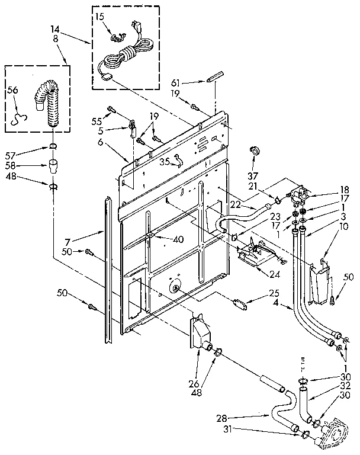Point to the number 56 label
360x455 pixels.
pos(13,90)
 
